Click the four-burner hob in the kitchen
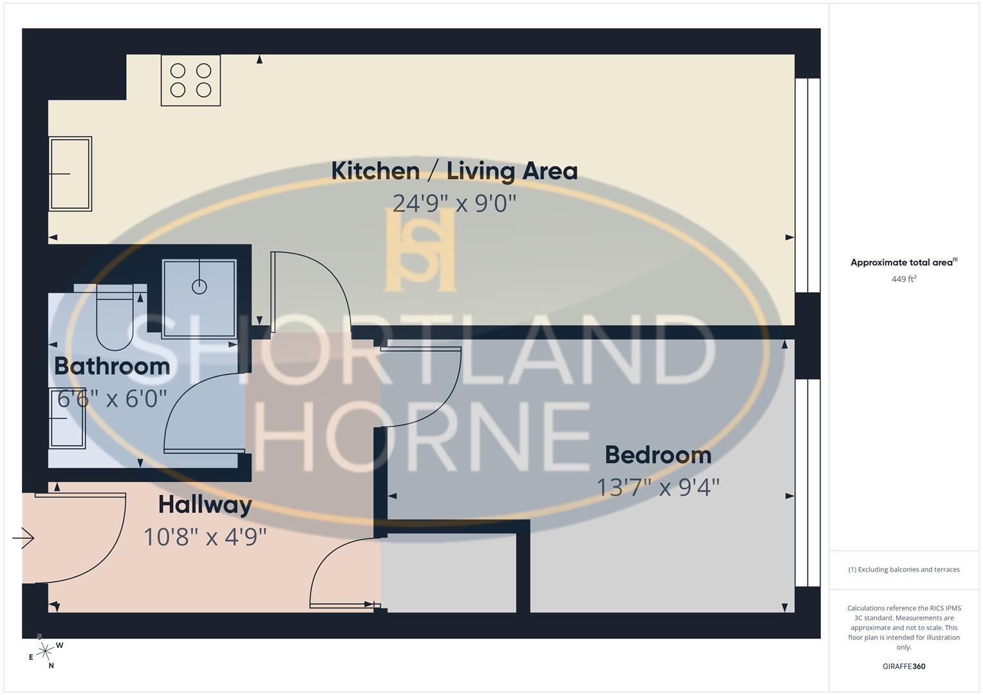coord(191,80)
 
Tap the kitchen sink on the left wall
coord(70,174)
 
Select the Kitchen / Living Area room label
coord(454,171)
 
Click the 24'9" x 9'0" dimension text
coord(454,203)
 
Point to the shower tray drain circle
coord(200,287)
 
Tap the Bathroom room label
coord(112,366)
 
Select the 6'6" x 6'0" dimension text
coord(112,399)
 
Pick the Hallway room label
coord(205,505)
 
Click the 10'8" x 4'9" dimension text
coord(205,537)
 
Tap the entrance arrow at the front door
coord(23,537)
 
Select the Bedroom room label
coord(658,455)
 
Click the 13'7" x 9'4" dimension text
coord(658,487)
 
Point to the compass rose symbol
coord(44,652)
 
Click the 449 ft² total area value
coord(904,279)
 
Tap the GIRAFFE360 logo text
coord(904,667)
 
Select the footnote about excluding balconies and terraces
coord(904,570)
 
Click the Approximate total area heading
coord(903,263)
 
